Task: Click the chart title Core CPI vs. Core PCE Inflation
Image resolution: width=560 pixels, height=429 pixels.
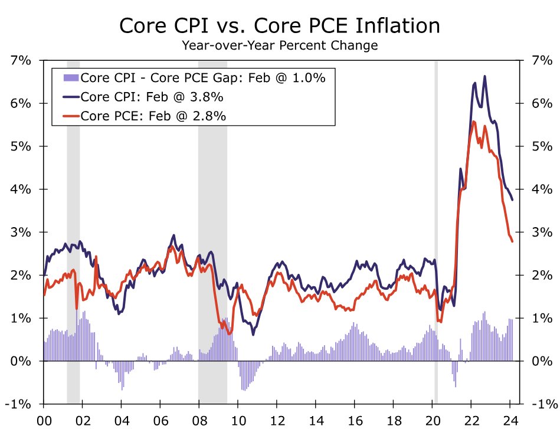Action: click(x=280, y=26)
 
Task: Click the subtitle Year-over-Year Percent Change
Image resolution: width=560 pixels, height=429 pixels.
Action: click(x=280, y=45)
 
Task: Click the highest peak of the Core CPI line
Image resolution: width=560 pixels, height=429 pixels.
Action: click(x=484, y=76)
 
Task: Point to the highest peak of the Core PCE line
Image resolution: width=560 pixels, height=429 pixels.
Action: click(x=474, y=122)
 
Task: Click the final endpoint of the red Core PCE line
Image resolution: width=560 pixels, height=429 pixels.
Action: click(x=512, y=241)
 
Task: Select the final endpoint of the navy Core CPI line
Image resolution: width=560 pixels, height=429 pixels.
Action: click(x=512, y=200)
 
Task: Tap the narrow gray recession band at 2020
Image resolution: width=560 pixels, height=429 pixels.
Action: click(x=436, y=230)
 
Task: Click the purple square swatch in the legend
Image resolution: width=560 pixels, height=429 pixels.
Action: click(x=71, y=77)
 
